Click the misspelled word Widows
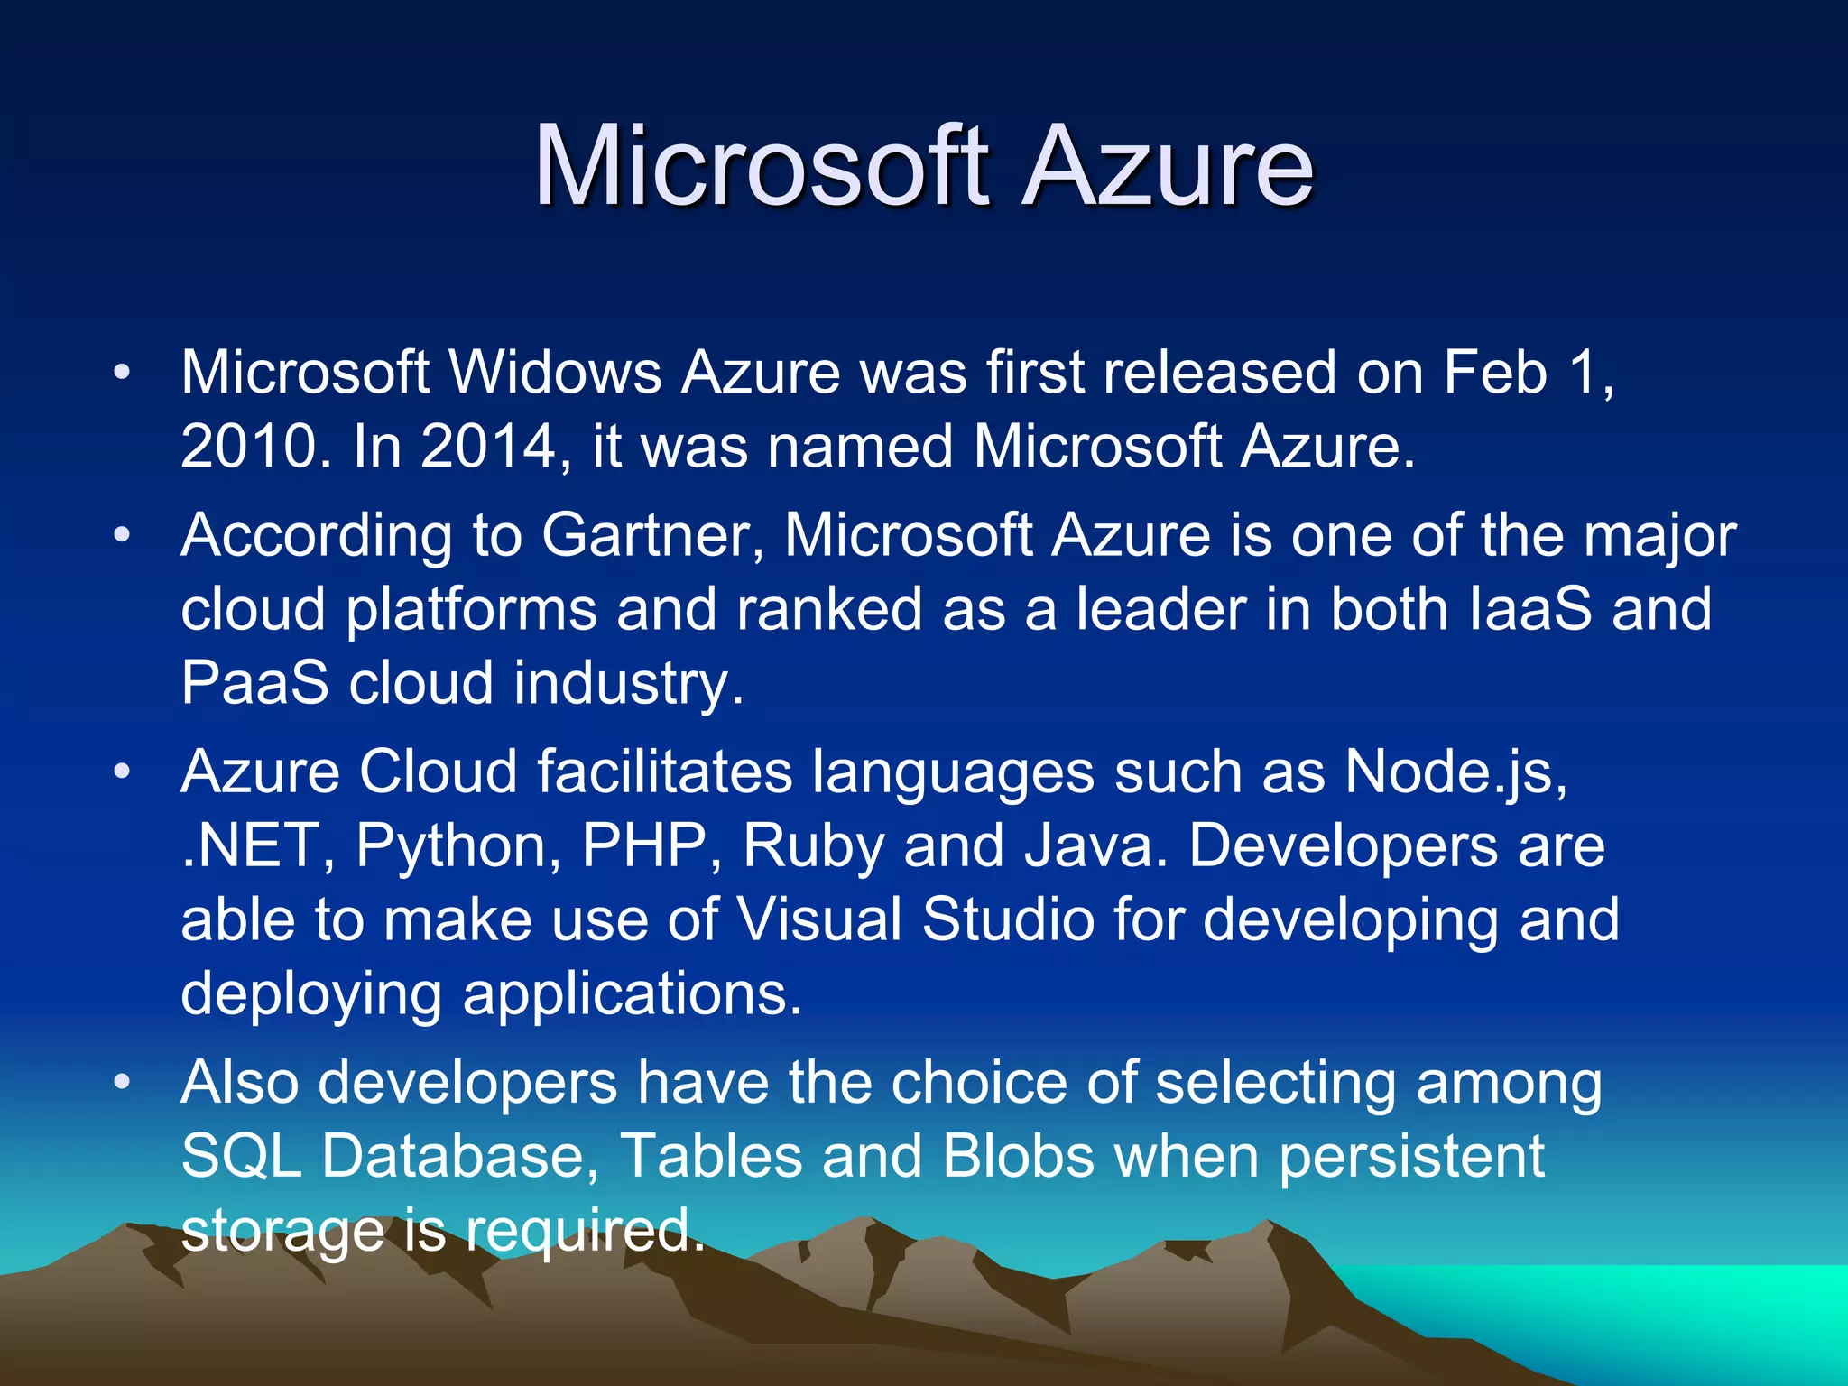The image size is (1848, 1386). point(556,372)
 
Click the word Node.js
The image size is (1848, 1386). point(1455,772)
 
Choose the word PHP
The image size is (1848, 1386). point(643,846)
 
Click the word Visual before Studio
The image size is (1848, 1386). point(819,919)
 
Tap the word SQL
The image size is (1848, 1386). point(241,1157)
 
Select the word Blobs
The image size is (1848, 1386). point(1019,1156)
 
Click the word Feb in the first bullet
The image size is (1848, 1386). point(1495,372)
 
